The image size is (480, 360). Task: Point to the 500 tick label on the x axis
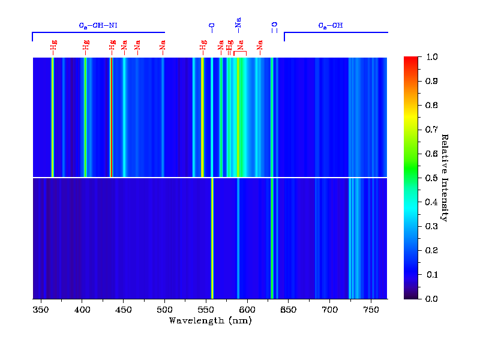pos(164,309)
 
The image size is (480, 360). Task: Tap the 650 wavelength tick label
pos(288,309)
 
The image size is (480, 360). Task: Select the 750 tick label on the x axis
pos(371,309)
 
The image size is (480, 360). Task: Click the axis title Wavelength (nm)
pos(210,320)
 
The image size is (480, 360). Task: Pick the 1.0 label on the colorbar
pos(431,57)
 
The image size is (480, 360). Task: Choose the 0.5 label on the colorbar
pos(431,178)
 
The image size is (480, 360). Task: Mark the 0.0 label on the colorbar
pos(431,298)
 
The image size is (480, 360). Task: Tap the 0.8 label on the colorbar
pos(431,105)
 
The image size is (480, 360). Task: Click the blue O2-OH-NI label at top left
pos(98,26)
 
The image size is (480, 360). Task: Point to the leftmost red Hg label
pos(53,46)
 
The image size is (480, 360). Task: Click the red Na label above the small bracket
pos(240,45)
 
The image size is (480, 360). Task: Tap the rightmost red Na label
pos(260,46)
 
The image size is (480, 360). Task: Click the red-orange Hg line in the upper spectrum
pos(111,117)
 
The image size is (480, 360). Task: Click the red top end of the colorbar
pos(411,60)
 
